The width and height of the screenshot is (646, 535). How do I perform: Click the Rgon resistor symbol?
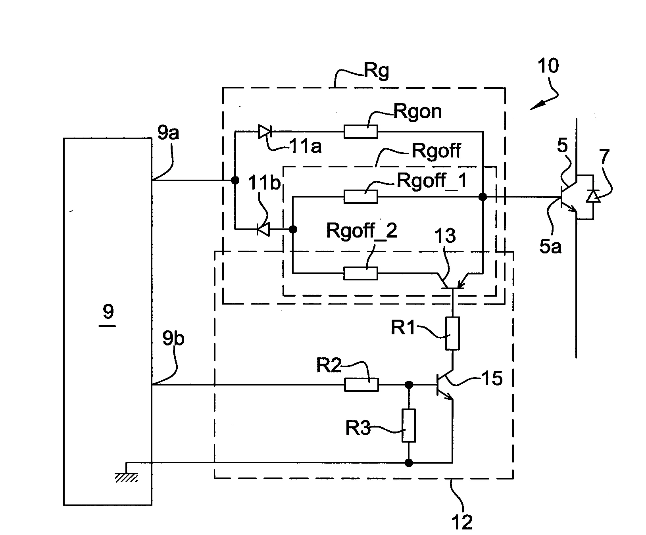360,132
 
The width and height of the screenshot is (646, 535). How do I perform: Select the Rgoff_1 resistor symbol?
360,197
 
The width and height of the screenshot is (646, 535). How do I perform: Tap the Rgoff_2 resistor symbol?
360,273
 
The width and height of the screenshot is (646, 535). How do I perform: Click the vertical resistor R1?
452,333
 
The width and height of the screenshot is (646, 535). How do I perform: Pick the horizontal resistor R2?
361,385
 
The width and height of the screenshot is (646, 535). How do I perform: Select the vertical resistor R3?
409,426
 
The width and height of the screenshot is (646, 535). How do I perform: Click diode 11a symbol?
263,132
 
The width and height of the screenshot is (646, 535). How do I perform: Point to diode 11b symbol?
263,229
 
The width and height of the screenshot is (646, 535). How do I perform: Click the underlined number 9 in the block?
108,313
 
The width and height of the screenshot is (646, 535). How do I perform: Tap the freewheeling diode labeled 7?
593,196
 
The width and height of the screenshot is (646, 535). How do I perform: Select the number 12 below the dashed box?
462,522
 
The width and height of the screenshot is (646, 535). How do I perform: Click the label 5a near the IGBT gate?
550,246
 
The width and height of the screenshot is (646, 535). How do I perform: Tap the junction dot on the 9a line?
235,180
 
